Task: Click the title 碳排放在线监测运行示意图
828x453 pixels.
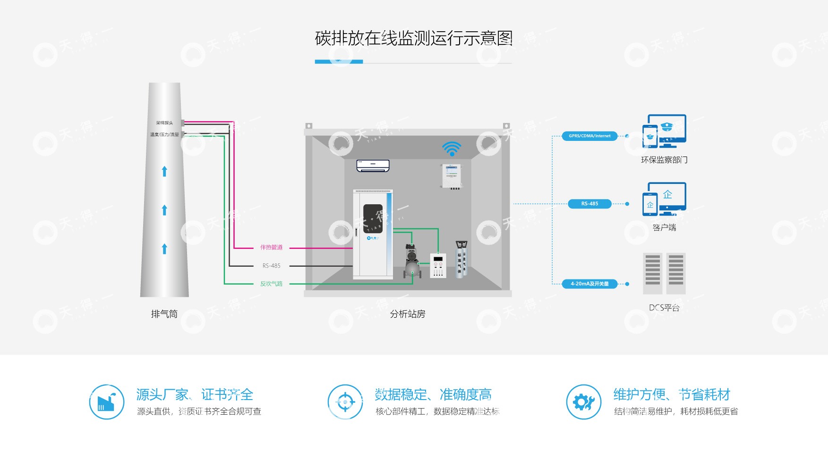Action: coord(414,38)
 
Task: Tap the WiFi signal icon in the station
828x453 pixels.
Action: coord(452,148)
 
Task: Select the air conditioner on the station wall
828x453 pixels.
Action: coord(373,166)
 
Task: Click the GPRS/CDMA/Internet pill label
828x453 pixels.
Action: coord(589,136)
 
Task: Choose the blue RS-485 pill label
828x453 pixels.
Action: coord(589,204)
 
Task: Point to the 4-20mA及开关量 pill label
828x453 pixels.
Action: coord(589,284)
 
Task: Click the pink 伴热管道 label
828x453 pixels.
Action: coord(271,247)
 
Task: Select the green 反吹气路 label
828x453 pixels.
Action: coord(271,284)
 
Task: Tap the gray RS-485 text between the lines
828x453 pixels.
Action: coord(271,266)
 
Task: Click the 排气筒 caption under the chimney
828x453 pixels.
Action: coord(164,314)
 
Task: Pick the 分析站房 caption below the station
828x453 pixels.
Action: coord(408,314)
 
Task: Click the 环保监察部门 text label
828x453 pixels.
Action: coord(664,160)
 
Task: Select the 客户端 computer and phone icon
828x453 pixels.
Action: coord(664,199)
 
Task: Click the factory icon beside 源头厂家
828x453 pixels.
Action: coord(107,402)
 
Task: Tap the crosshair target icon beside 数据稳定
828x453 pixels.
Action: coord(345,402)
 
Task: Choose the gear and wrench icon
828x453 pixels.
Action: coord(584,402)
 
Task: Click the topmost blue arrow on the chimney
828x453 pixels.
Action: coord(164,171)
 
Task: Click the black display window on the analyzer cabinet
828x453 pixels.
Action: coord(373,218)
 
